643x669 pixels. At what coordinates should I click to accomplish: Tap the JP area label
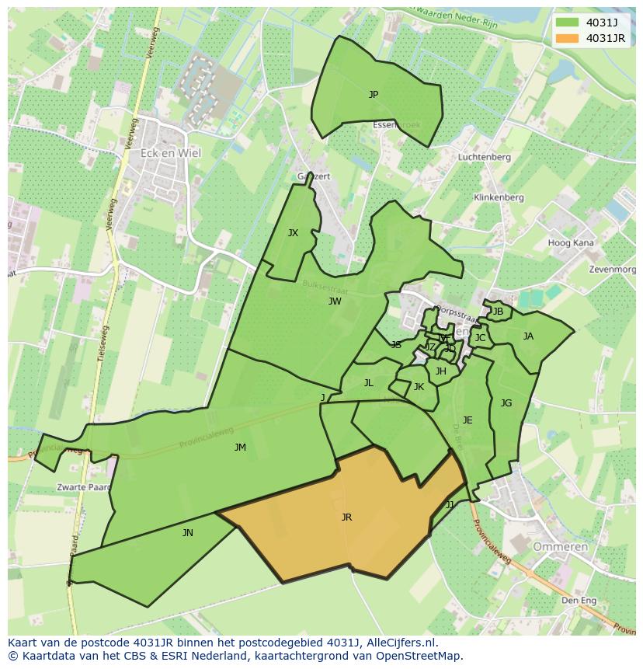[x=374, y=95]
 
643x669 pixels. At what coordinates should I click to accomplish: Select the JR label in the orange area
[x=346, y=517]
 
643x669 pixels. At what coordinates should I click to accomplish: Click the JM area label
[x=240, y=448]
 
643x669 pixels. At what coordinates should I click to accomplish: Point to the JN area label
[x=188, y=533]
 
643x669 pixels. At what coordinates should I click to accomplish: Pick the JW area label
[x=335, y=301]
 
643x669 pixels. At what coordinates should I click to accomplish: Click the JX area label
[x=293, y=233]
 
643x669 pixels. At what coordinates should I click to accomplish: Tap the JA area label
[x=528, y=336]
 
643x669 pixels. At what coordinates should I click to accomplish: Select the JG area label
[x=506, y=403]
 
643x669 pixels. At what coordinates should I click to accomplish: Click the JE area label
[x=467, y=420]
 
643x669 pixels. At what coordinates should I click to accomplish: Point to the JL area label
[x=369, y=383]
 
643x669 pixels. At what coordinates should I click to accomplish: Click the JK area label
[x=419, y=387]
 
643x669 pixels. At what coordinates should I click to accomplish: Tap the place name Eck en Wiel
[x=170, y=153]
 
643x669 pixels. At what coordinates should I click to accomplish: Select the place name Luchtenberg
[x=484, y=157]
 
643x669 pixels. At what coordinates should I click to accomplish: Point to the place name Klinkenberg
[x=499, y=198]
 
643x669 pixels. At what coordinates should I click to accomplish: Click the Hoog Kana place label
[x=571, y=243]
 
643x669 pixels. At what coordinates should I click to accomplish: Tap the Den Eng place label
[x=579, y=601]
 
